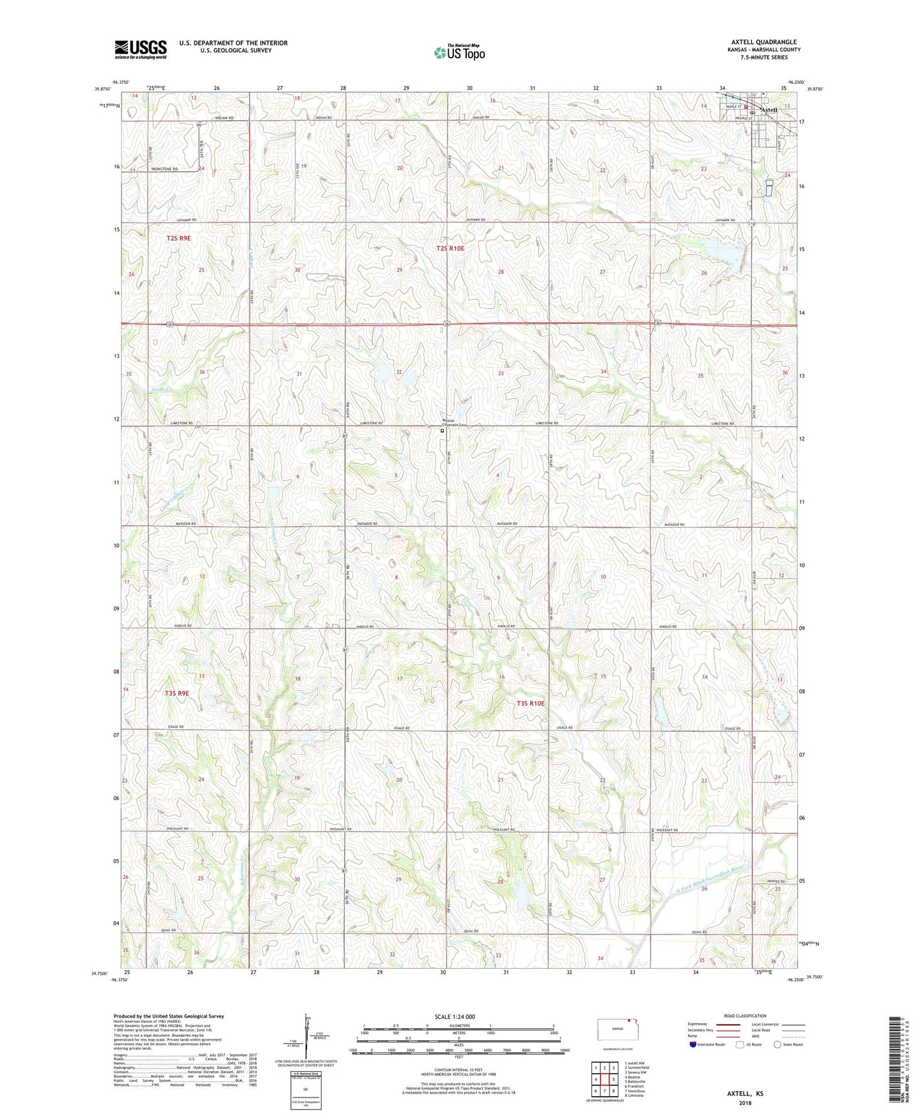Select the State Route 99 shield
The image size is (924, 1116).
coord(199,125)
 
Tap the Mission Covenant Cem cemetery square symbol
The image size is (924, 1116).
coord(442,431)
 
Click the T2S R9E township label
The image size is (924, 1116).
coord(178,238)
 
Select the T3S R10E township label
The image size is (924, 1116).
coord(530,703)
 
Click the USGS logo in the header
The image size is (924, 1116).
coord(141,49)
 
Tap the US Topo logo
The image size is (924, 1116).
coord(459,52)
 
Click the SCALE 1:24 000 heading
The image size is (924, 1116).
coord(455,1016)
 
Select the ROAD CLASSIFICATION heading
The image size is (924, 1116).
coord(744,1016)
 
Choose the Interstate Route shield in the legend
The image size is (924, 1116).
coord(693,1044)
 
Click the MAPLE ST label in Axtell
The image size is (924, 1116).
coord(730,107)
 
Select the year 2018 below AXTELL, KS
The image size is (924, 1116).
coord(745,1103)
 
